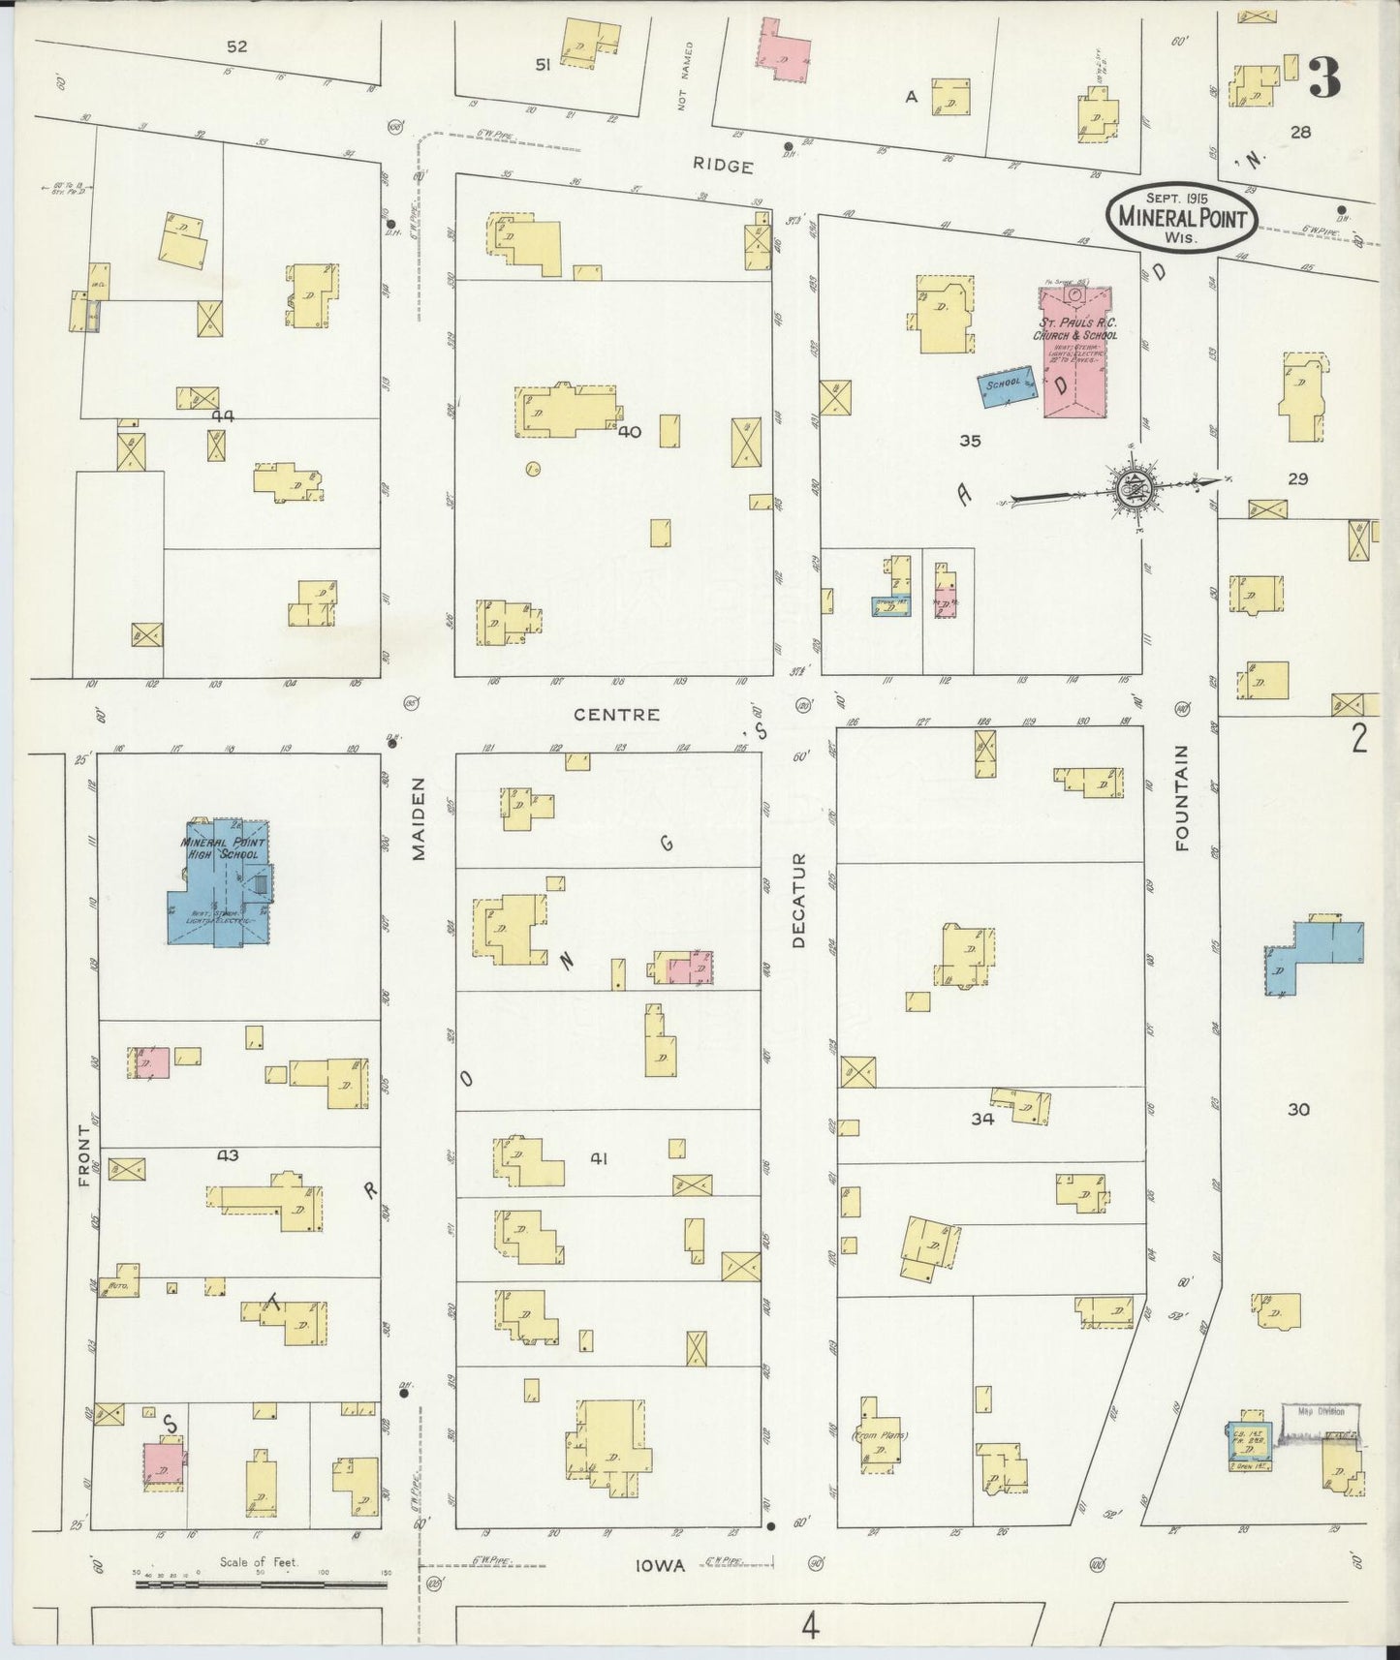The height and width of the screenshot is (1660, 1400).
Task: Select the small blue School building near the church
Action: [1004, 386]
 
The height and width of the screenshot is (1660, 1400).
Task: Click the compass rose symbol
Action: [1131, 488]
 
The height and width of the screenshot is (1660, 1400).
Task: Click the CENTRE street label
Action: [617, 715]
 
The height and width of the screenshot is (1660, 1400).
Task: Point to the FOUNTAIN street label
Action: [1181, 797]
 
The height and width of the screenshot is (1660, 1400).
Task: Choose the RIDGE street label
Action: [723, 167]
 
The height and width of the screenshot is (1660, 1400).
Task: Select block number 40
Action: [630, 433]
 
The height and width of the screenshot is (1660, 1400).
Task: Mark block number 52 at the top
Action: [236, 46]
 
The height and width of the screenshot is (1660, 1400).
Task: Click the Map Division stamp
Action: [1323, 1411]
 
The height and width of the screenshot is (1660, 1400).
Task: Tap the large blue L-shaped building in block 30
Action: [1313, 954]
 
